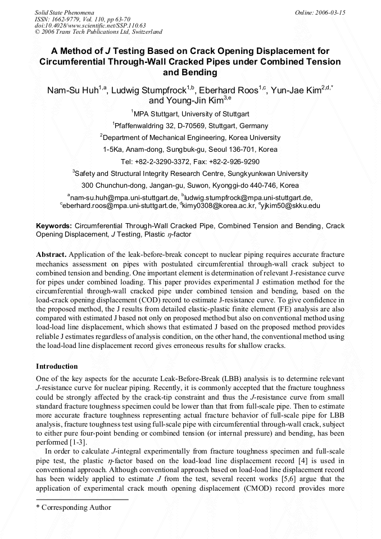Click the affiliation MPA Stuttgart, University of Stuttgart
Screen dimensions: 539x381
pyautogui.click(x=191, y=114)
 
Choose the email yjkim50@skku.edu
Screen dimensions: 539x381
pyautogui.click(x=292, y=206)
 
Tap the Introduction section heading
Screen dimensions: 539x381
pyautogui.click(x=57, y=366)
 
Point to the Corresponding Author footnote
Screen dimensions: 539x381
pyautogui.click(x=73, y=507)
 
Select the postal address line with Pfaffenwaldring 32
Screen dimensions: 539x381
pyautogui.click(x=190, y=126)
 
